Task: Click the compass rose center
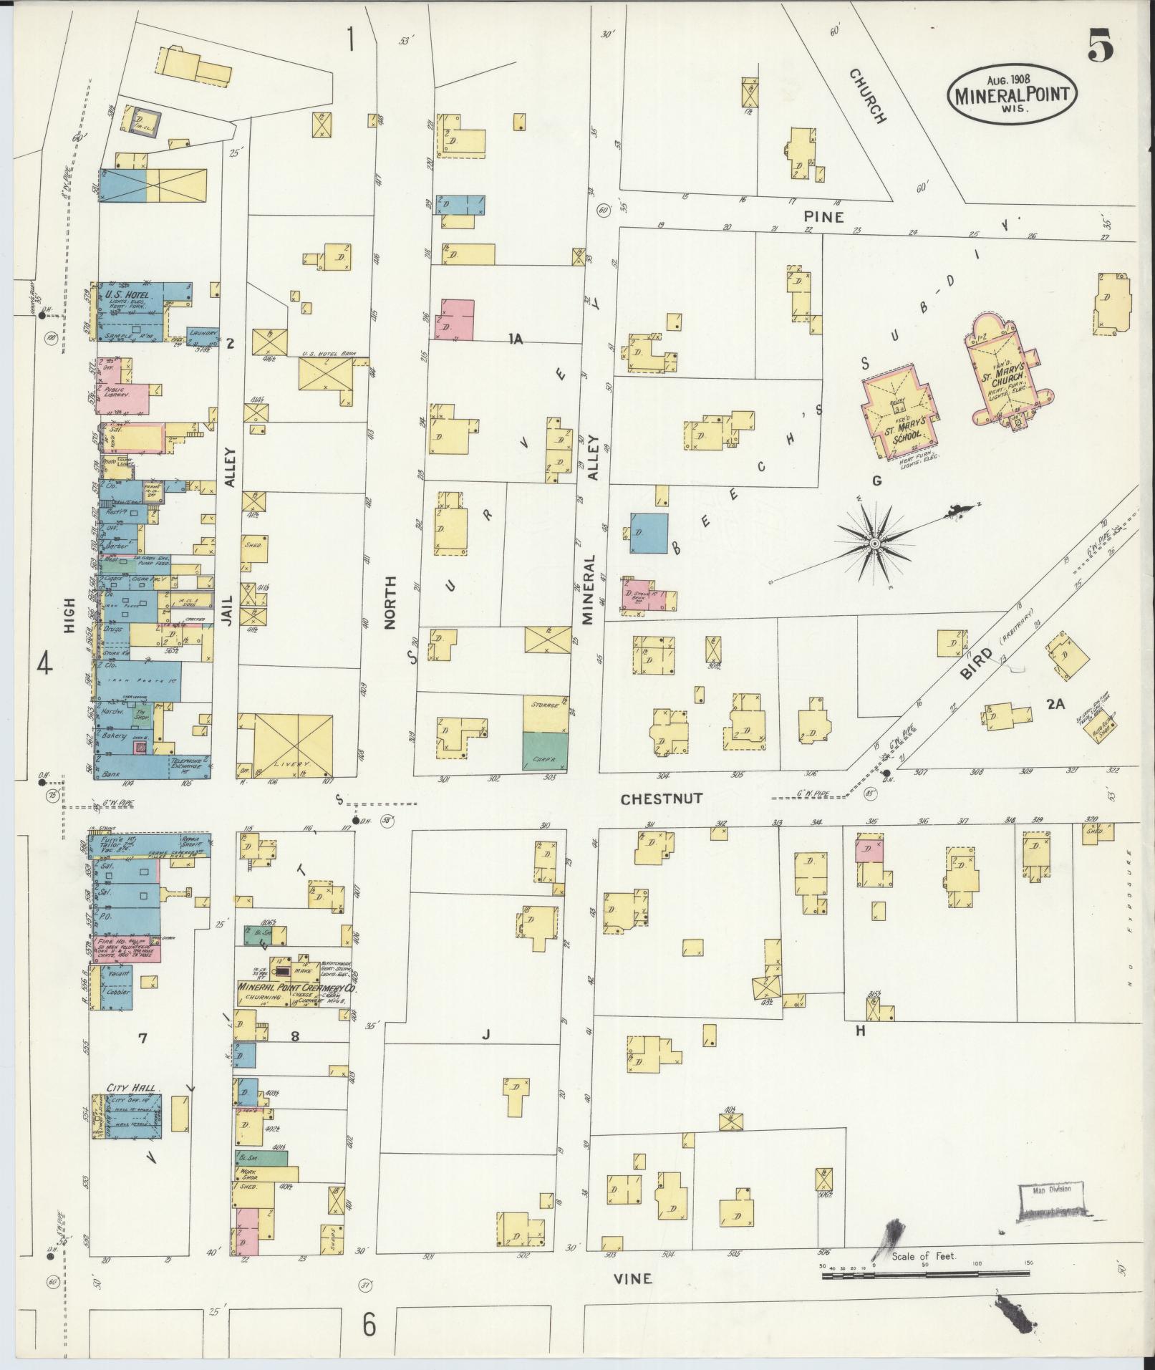pyautogui.click(x=874, y=545)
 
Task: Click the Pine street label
pyautogui.click(x=823, y=216)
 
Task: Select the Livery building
pyautogui.click(x=286, y=745)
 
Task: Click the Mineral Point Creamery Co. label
pyautogui.click(x=296, y=987)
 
